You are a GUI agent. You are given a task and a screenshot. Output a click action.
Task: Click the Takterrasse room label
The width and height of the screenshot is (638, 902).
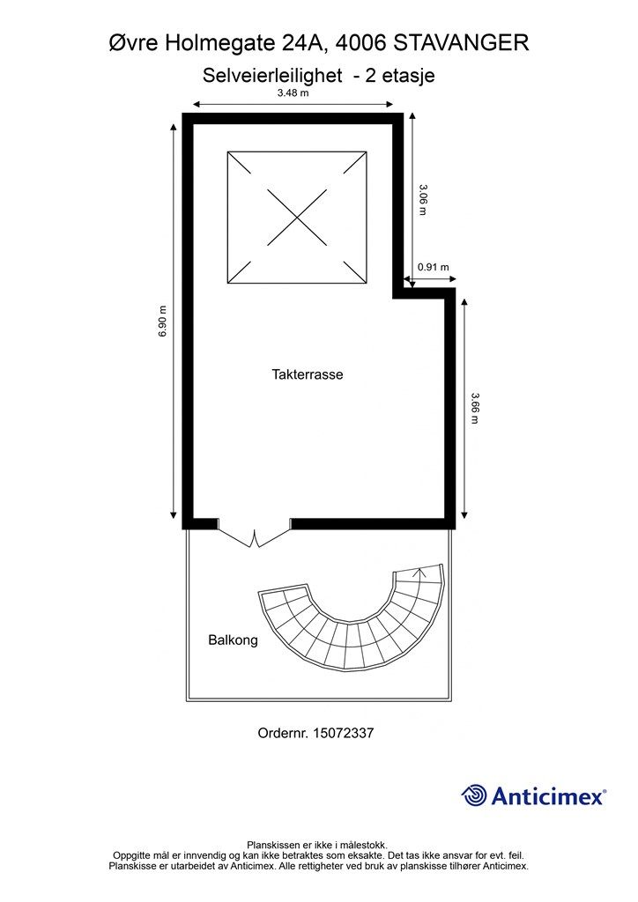[x=308, y=374]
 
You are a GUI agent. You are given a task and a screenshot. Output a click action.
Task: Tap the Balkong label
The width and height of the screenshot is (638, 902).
[x=233, y=640]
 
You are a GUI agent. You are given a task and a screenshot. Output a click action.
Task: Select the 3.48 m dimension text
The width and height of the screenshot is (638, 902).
[x=293, y=93]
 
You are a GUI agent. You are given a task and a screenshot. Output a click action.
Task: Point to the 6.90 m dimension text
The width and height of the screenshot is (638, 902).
[x=163, y=321]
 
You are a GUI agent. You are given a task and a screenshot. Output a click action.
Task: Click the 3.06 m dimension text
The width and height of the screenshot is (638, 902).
[x=423, y=200]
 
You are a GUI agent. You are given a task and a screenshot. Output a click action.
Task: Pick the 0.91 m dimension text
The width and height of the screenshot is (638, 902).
[x=434, y=267]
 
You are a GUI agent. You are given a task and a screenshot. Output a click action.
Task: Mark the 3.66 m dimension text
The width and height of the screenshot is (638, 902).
[x=475, y=408]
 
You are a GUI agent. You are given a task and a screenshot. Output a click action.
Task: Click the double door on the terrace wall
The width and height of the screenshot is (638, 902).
[x=255, y=533]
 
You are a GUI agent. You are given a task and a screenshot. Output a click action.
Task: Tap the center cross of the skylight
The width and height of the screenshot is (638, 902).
[x=297, y=218]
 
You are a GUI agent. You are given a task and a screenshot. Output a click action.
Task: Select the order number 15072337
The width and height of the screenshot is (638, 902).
[x=343, y=733]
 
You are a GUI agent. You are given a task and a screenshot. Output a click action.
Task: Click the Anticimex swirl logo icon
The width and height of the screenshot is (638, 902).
[x=474, y=795]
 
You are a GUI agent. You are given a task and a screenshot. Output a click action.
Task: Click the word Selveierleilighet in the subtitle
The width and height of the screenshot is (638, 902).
[x=272, y=76]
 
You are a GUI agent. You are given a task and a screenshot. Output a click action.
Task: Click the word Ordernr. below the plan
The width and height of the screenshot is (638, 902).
[x=283, y=733]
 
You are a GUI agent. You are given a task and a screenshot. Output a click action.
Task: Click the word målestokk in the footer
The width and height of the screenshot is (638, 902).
[x=364, y=846]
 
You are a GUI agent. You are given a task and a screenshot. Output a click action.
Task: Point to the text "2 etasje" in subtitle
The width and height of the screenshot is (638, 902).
[x=400, y=76]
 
